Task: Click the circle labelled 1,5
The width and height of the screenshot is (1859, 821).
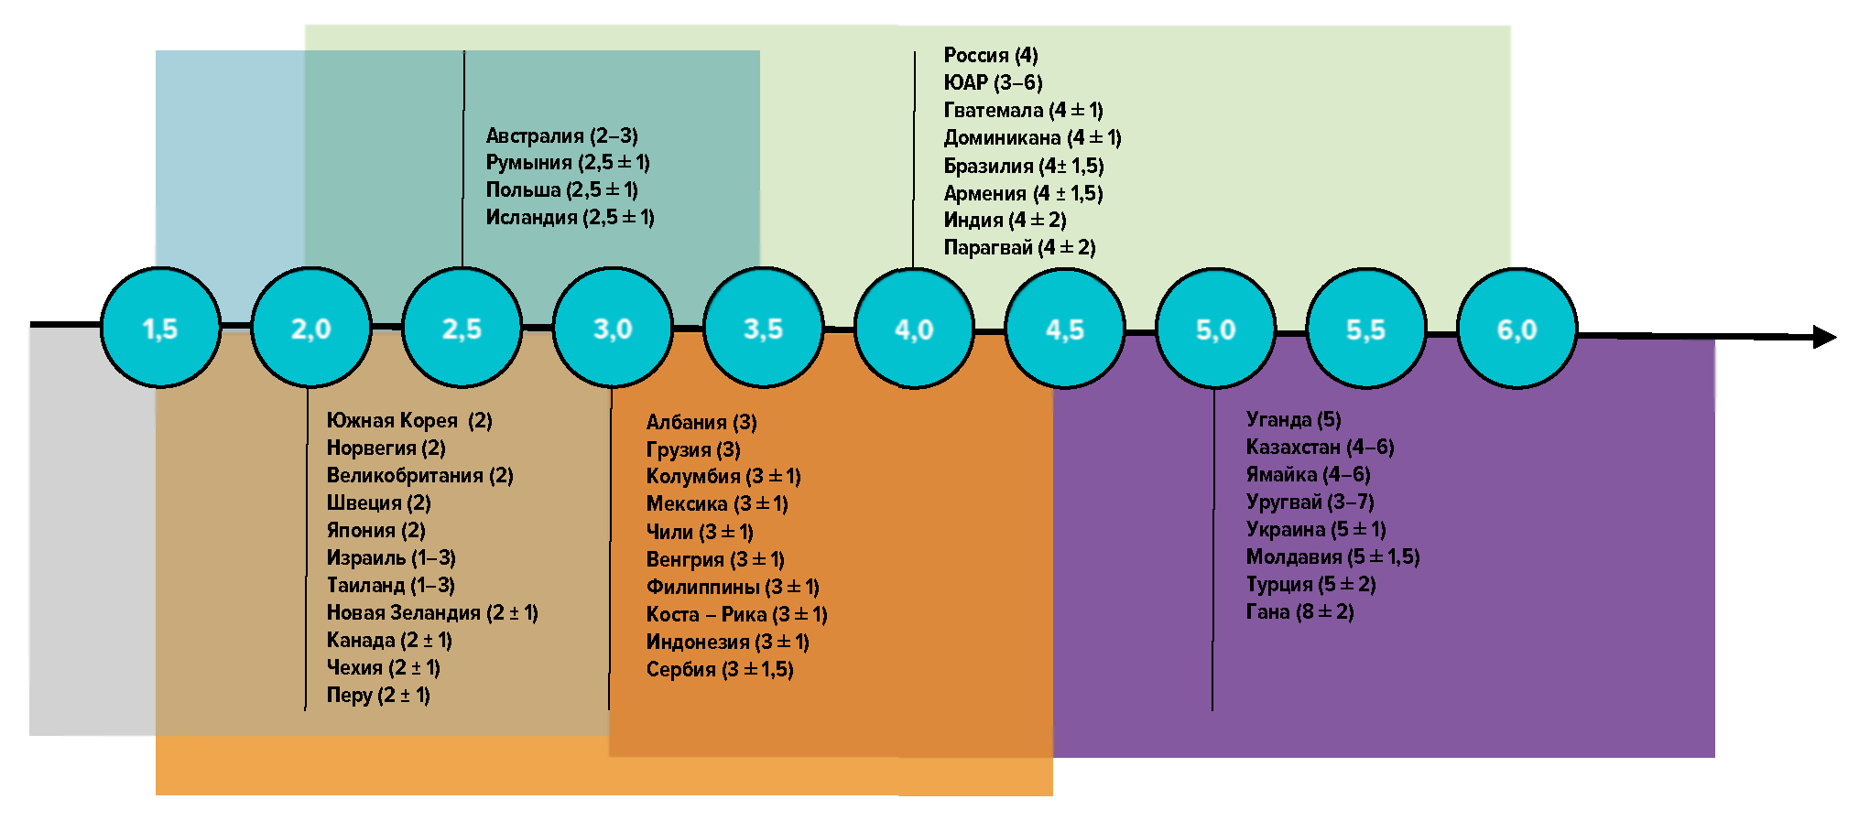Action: [160, 328]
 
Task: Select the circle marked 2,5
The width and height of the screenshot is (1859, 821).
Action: [462, 328]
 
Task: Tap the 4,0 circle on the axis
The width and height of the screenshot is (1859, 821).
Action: [913, 329]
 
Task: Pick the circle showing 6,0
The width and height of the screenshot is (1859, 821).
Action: [1517, 329]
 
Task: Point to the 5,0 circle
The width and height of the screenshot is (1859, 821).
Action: [1215, 329]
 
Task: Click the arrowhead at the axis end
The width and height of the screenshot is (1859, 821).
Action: [1824, 337]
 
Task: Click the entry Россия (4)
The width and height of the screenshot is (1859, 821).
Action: [991, 55]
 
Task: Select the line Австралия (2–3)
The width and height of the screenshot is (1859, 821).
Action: [561, 135]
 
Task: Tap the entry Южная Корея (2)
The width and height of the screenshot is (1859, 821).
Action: [409, 420]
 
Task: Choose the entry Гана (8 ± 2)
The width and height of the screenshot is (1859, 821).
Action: [1299, 611]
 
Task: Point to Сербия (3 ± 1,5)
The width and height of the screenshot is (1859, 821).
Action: [720, 669]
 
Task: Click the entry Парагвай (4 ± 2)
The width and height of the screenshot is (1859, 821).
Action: [1019, 247]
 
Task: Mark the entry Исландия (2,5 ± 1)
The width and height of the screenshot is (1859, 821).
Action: [570, 217]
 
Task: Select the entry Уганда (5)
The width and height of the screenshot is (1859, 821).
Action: [1293, 419]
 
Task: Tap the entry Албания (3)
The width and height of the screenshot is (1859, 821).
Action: [701, 422]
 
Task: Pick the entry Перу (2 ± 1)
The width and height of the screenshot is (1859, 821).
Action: [378, 695]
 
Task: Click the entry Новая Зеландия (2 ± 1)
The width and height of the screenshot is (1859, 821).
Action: [432, 612]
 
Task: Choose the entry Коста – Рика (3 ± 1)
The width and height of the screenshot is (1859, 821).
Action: [736, 614]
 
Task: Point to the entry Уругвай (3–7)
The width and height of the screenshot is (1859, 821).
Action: [1310, 502]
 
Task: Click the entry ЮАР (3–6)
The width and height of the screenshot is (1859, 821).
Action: [993, 82]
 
